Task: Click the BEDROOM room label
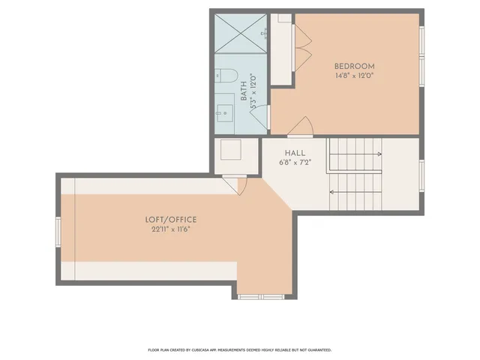pyautogui.click(x=354, y=66)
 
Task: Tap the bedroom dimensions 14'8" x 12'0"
pyautogui.click(x=354, y=76)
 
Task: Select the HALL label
pyautogui.click(x=294, y=152)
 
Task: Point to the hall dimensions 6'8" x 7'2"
pyautogui.click(x=294, y=162)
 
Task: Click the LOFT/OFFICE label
pyautogui.click(x=171, y=220)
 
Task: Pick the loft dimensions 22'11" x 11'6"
pyautogui.click(x=171, y=229)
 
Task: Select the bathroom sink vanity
pyautogui.click(x=225, y=113)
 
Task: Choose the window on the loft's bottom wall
pyautogui.click(x=260, y=297)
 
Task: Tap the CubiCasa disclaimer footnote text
pyautogui.click(x=239, y=349)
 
